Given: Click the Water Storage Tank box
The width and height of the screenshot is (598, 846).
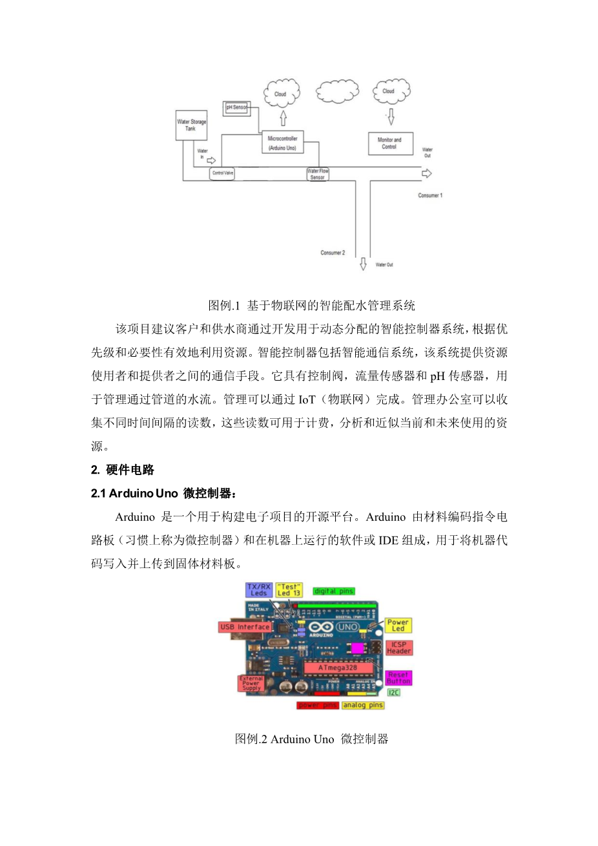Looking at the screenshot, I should (191, 125).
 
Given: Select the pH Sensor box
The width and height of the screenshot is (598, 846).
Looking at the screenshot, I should (236, 107).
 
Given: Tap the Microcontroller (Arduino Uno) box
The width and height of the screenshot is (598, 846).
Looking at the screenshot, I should (283, 143).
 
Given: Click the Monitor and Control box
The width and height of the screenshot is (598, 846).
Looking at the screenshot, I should (389, 143).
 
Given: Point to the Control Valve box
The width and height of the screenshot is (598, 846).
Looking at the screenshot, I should (223, 173).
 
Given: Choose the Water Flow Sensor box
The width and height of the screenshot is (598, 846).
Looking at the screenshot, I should (317, 174).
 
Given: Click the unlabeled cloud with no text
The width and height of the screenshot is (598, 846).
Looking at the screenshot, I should (338, 92).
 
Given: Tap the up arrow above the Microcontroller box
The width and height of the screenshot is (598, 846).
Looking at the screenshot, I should (283, 119).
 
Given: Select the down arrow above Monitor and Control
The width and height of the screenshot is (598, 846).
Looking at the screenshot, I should (390, 117).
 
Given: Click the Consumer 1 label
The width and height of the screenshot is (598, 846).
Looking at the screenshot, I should (430, 195).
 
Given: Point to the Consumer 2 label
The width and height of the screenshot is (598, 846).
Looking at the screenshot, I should (333, 253).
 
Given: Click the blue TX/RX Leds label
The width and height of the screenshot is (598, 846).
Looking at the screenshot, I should (258, 589).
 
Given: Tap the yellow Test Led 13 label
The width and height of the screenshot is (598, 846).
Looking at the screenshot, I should (289, 589).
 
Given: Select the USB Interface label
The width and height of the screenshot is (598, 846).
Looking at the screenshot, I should (245, 627).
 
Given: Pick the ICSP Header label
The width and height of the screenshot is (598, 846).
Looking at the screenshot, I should (398, 648).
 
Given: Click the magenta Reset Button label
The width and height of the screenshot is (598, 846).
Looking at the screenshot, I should (398, 678).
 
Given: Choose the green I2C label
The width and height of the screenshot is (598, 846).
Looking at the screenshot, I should (393, 692).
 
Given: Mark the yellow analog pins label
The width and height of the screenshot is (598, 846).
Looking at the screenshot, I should (363, 705).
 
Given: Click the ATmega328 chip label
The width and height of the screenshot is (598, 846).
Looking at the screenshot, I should (337, 668).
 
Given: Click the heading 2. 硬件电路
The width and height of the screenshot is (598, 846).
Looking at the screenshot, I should (123, 470).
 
